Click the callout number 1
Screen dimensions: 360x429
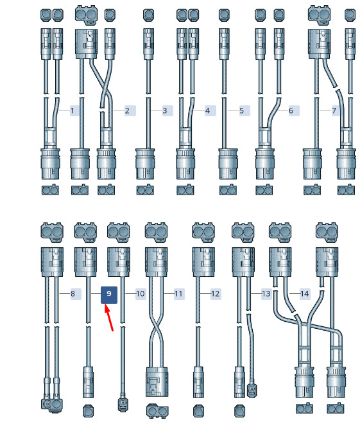pos(73,110)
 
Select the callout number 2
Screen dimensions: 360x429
pos(127,110)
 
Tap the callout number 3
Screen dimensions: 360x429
pos(164,110)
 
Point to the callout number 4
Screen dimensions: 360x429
pos(207,110)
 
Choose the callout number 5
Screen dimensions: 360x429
pos(242,110)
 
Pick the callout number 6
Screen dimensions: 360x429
pos(291,110)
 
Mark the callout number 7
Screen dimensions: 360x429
pos(334,110)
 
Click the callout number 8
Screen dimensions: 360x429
pos(73,294)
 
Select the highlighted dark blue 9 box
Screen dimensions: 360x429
pos(109,295)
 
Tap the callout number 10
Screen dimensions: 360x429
pos(141,294)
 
